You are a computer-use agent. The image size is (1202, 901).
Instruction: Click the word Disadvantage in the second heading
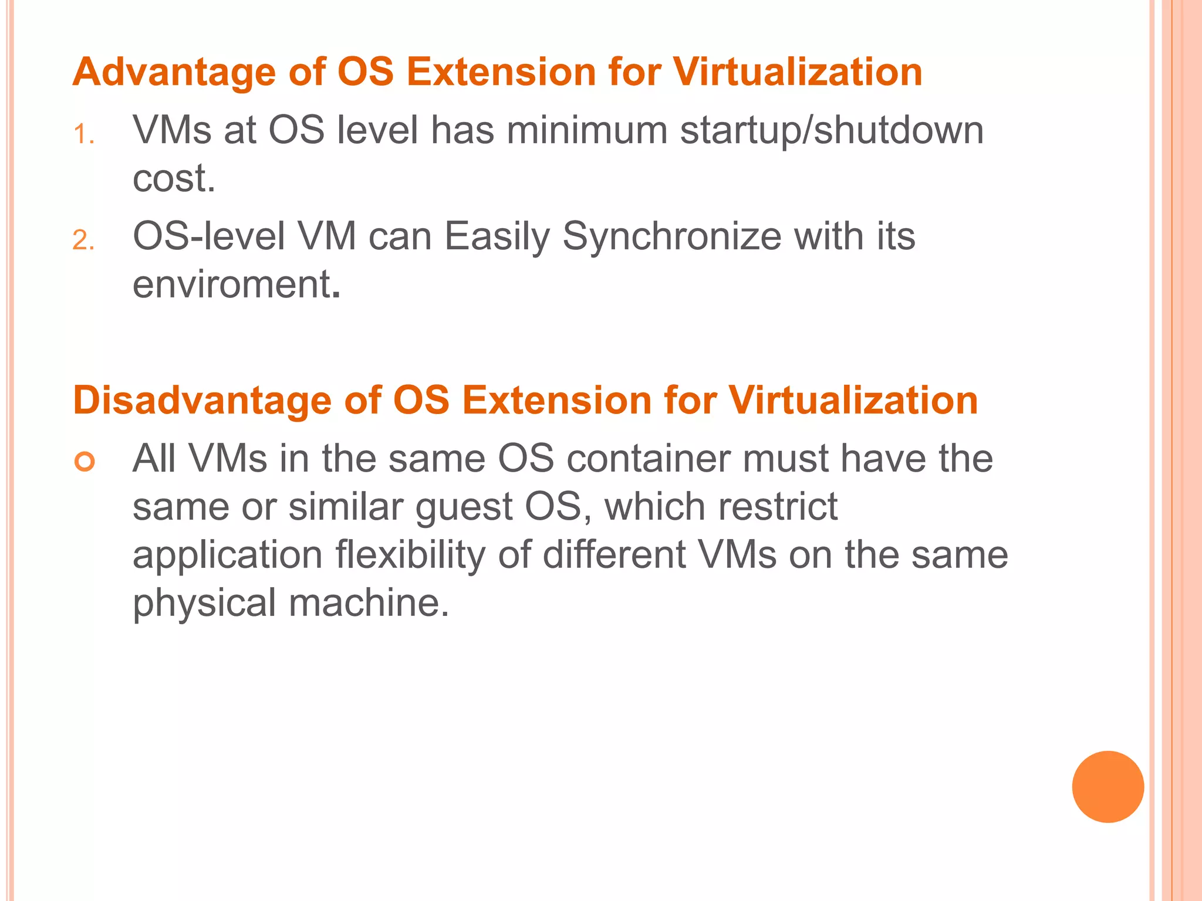point(202,401)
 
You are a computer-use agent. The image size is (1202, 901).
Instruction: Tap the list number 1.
point(83,135)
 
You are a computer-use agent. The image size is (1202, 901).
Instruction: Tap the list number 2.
point(83,241)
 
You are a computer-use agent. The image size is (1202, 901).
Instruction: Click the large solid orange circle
point(1108,787)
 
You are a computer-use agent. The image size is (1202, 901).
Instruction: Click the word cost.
point(174,178)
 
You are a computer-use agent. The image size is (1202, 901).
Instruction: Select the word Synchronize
point(672,237)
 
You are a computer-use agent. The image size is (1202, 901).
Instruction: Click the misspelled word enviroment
point(232,284)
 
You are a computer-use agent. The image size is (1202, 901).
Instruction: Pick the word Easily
point(497,237)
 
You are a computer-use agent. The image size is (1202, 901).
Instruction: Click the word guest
point(464,507)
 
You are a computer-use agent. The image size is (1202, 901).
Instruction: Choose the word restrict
point(780,506)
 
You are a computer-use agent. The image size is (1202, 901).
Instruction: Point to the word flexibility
point(410,555)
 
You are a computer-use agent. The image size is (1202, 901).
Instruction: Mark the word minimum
point(587,130)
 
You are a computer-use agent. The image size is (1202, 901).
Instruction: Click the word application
point(228,555)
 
